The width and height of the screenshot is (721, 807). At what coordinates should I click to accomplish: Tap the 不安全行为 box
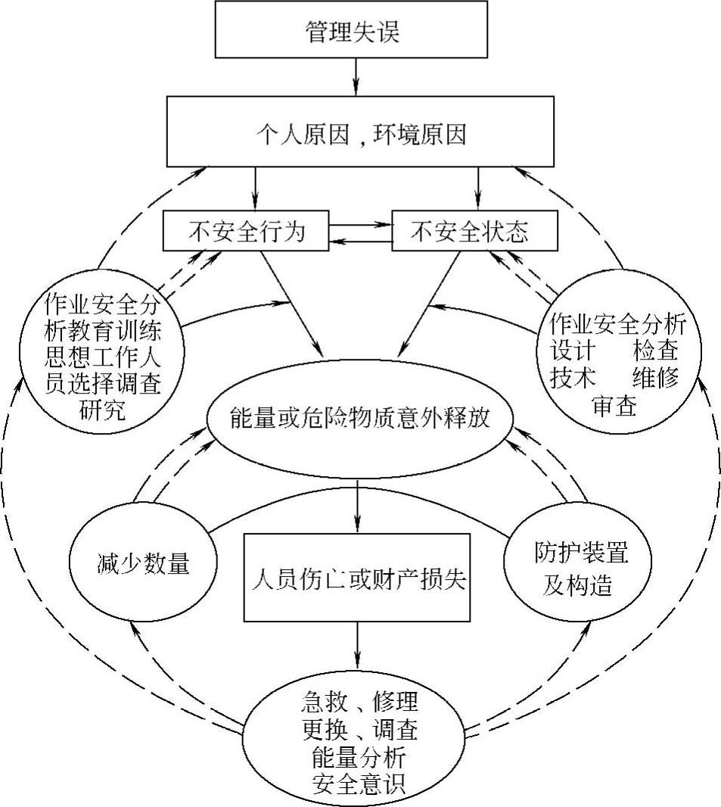(x=247, y=231)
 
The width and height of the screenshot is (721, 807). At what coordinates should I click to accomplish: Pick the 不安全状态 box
(x=474, y=231)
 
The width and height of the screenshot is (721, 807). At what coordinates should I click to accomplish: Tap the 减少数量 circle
(x=142, y=566)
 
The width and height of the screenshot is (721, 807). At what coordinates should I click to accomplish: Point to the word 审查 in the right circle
(x=615, y=406)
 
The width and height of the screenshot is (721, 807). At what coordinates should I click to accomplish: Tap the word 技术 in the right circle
(x=574, y=379)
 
